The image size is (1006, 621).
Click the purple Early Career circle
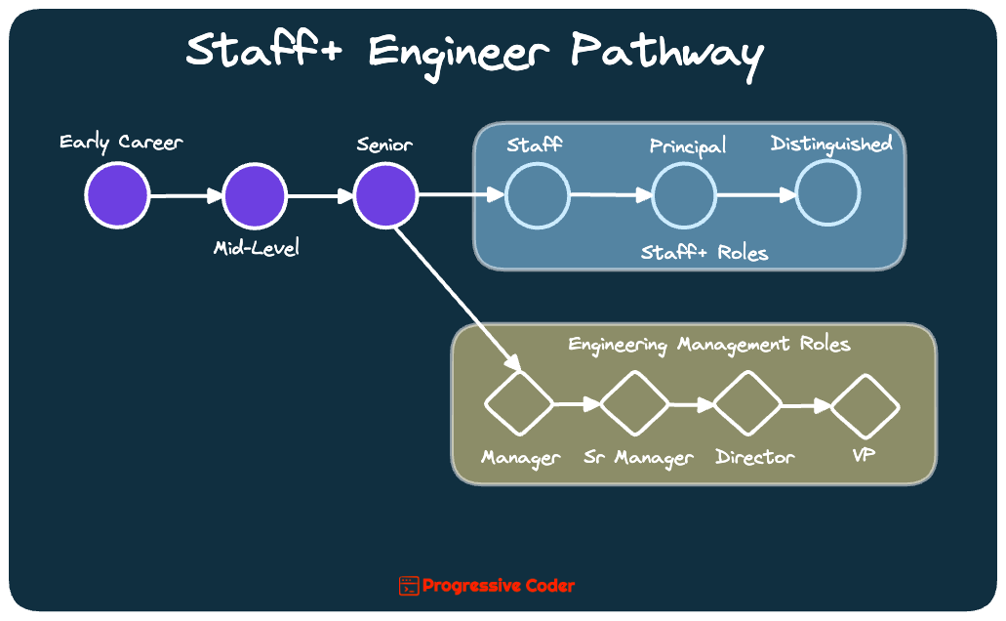[117, 195]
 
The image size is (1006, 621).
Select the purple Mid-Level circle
[255, 195]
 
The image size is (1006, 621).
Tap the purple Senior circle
[385, 195]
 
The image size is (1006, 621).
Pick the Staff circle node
[537, 195]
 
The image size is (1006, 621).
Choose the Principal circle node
[684, 195]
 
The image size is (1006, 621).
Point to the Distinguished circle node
[828, 194]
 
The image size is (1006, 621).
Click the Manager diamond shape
[519, 402]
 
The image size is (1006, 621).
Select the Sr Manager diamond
[634, 402]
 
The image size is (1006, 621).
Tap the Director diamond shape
[748, 402]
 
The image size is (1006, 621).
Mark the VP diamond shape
[865, 404]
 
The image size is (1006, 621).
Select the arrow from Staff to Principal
[610, 195]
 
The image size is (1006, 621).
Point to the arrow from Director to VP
[807, 404]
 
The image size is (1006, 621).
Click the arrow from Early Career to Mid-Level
[186, 196]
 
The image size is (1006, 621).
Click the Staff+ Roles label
[704, 253]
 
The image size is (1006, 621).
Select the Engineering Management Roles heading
[709, 345]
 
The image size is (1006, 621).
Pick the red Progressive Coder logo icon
[409, 586]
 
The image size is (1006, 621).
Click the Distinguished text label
[831, 145]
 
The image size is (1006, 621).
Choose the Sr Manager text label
[638, 458]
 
